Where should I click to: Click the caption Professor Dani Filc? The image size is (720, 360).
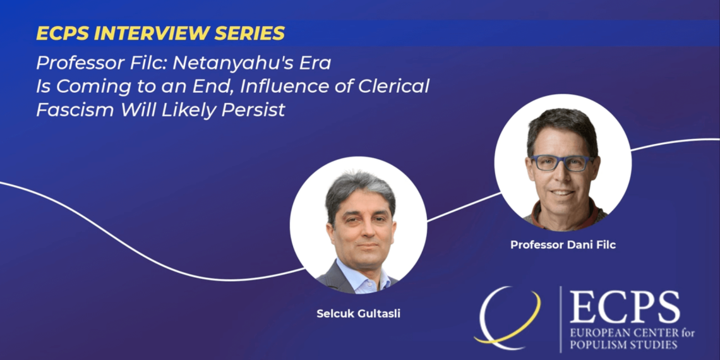coord(563,245)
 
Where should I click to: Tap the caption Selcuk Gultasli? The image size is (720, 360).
coord(358,315)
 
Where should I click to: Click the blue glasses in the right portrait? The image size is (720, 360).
coord(561,163)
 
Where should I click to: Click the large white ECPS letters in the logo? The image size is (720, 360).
coord(625,307)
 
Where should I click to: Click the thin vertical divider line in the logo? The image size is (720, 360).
coord(561,319)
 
